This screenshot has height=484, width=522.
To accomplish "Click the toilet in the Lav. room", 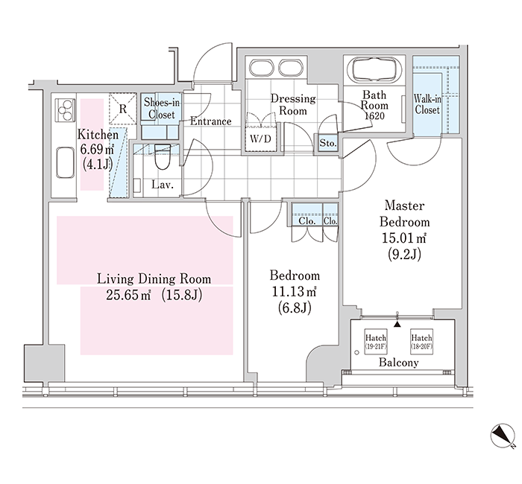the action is (x=163, y=156).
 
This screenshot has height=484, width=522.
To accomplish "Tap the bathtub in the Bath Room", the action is (x=374, y=71).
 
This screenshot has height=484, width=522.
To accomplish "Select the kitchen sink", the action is (x=66, y=163).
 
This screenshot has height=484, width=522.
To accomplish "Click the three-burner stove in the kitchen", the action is (x=66, y=109).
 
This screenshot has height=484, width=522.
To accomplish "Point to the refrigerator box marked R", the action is (x=123, y=109).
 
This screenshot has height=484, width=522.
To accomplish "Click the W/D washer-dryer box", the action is (x=261, y=139).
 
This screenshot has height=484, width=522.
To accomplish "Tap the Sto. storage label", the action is (x=328, y=143).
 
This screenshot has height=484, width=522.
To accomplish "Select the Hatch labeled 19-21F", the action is (x=376, y=342).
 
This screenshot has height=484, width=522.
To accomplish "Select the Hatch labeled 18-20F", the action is (x=421, y=342).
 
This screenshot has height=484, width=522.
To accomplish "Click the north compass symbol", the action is (x=503, y=436).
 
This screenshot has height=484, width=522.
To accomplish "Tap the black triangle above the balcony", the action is (x=397, y=324).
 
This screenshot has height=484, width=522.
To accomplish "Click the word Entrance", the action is (x=211, y=121).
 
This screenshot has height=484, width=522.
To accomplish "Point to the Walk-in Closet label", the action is (x=427, y=104).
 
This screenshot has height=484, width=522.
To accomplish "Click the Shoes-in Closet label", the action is (x=162, y=109).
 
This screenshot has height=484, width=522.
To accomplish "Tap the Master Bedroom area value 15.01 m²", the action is (x=404, y=238).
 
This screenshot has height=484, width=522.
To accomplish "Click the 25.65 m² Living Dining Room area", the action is (x=128, y=295).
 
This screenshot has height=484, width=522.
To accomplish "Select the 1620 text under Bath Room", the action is (x=374, y=115).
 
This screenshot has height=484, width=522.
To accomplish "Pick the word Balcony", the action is (x=398, y=363).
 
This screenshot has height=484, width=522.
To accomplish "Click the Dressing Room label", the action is (x=293, y=104).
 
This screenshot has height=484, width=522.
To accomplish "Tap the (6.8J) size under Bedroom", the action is (x=295, y=308).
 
